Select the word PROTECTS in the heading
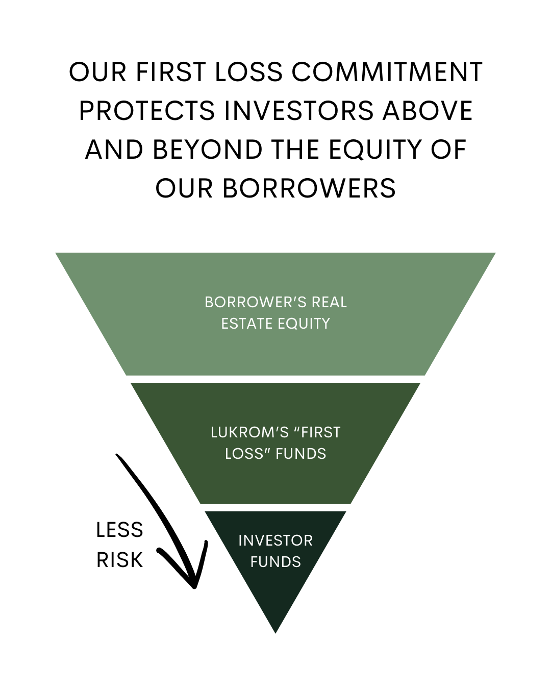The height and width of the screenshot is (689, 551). point(147,111)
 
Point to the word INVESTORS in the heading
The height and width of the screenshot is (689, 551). point(298,111)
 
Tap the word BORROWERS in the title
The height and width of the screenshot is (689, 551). point(309,188)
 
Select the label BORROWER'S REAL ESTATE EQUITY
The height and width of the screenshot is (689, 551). point(275,312)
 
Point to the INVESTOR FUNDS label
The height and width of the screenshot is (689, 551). point(275,551)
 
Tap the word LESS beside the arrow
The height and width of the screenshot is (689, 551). point(119,530)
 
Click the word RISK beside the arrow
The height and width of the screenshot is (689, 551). point(119,560)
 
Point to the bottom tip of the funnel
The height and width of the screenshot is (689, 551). point(275,631)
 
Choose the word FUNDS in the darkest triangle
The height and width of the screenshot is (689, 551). point(275,562)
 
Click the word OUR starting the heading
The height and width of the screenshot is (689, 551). point(97,72)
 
